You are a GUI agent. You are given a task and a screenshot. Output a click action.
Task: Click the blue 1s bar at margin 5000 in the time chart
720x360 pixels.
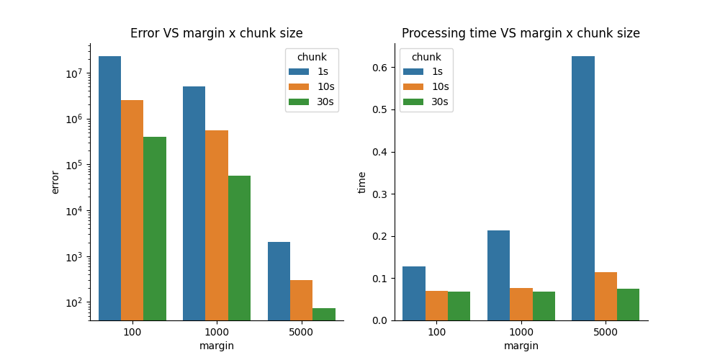coord(583,188)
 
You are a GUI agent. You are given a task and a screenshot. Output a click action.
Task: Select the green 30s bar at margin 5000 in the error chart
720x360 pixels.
coord(324,314)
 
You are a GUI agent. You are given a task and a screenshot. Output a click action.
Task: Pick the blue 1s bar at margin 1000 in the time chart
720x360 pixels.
coord(498,275)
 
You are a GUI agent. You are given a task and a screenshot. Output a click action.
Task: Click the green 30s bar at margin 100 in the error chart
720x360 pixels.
coord(155,228)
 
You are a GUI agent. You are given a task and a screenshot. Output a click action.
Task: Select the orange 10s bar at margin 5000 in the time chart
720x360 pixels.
coord(606,296)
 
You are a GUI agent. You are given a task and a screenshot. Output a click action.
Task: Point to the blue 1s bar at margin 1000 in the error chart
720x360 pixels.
coord(194,203)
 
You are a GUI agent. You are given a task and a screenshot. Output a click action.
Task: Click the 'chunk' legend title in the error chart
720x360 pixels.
coord(312,57)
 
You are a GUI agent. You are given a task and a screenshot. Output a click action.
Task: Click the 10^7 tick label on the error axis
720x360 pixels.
coord(75,73)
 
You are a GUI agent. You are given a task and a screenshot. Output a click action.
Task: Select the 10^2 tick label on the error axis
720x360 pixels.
coord(75,302)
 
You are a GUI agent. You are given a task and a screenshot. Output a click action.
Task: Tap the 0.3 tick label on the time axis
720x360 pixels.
coord(379,194)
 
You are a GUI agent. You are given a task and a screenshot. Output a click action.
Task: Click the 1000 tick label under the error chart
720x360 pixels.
coord(217,333)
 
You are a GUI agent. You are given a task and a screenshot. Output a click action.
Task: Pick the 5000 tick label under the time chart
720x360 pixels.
coord(606,333)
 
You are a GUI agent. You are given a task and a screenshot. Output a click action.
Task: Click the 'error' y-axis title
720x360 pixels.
coord(56,181)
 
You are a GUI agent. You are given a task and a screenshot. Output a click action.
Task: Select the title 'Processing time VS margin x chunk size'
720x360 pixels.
coord(521,33)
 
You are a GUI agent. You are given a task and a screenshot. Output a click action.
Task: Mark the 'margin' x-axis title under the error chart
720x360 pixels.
coord(217,346)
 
